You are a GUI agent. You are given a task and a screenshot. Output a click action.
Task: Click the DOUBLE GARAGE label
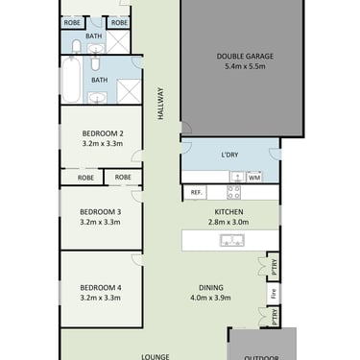[x=245, y=57]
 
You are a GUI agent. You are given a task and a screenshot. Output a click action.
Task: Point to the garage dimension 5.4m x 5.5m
[x=245, y=66]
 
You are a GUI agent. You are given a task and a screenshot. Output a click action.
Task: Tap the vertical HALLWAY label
[x=160, y=104]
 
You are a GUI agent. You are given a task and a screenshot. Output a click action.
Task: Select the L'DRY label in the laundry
[x=229, y=155]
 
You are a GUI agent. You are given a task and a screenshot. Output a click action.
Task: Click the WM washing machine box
[x=254, y=177]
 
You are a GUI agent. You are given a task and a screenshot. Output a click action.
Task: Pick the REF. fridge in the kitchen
[x=196, y=193]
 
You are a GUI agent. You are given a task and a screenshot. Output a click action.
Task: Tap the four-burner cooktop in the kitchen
[x=233, y=192]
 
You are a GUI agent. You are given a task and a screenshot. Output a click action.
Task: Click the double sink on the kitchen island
[x=232, y=240]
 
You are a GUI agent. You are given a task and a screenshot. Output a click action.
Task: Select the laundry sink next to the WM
[x=238, y=177]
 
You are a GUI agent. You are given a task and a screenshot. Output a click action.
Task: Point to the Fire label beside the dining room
[x=274, y=294]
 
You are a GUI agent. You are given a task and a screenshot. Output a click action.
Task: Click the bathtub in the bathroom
[x=71, y=80]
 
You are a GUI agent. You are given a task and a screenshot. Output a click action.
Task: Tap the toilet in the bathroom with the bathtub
[x=95, y=63]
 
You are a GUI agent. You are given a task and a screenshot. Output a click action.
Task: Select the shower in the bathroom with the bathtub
[x=129, y=91]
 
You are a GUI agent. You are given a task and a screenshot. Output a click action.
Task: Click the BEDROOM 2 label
[x=103, y=133]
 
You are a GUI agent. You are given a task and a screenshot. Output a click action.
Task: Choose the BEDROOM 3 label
[x=101, y=212]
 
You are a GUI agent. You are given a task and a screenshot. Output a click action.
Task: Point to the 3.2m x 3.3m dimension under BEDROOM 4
[x=101, y=298]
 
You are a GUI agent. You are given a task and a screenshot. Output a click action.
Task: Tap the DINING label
[x=211, y=288]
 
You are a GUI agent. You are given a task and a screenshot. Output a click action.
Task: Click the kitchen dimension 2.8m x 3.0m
[x=228, y=222]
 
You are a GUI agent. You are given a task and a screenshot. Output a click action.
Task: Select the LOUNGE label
[x=156, y=356]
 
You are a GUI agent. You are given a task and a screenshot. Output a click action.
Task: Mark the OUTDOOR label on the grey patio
[x=261, y=358]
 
